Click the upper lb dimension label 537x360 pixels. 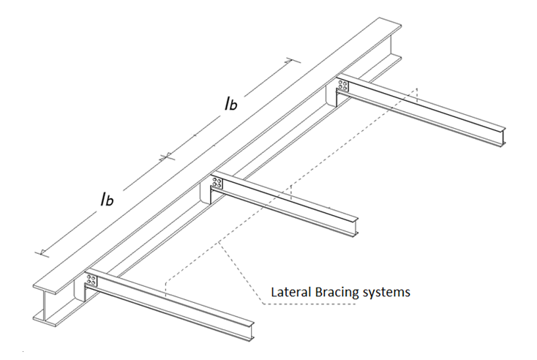coord(230,105)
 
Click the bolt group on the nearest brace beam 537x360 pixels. coord(91,280)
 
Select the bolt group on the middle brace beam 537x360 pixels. coord(217,183)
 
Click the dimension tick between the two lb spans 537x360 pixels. coord(168,155)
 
